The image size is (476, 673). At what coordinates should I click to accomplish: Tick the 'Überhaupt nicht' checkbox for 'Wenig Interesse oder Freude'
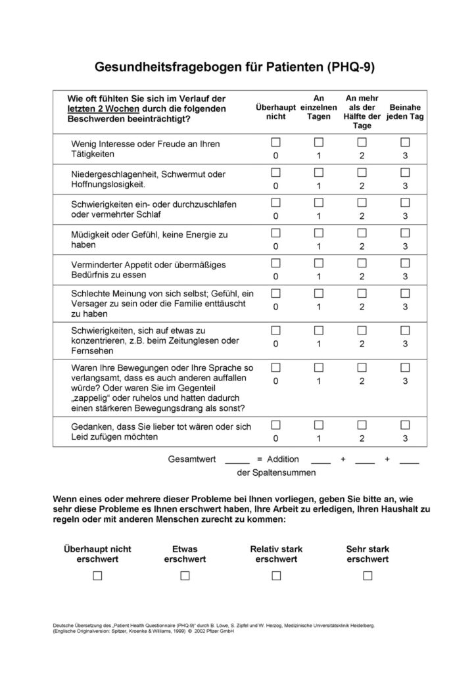(x=276, y=143)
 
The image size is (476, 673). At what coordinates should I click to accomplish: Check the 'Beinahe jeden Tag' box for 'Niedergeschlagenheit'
(x=405, y=172)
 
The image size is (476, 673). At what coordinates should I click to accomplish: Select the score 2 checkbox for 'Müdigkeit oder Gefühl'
(x=362, y=233)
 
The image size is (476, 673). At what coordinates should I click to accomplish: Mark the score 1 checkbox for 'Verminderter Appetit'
(x=319, y=262)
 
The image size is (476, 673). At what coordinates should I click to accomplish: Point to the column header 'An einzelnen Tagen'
(x=319, y=107)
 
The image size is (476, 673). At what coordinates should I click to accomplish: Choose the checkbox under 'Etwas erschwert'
(x=185, y=576)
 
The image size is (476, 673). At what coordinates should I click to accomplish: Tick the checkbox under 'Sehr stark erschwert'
(x=368, y=576)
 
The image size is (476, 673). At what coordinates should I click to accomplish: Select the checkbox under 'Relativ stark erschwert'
(x=276, y=576)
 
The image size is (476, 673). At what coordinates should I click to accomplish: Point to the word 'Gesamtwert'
(x=193, y=459)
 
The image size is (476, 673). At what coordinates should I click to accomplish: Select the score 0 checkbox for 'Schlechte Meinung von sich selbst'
(x=276, y=292)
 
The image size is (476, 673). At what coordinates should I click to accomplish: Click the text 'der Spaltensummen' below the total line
(x=276, y=472)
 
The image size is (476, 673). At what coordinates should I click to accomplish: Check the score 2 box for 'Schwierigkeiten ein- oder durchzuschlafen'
(x=362, y=202)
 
